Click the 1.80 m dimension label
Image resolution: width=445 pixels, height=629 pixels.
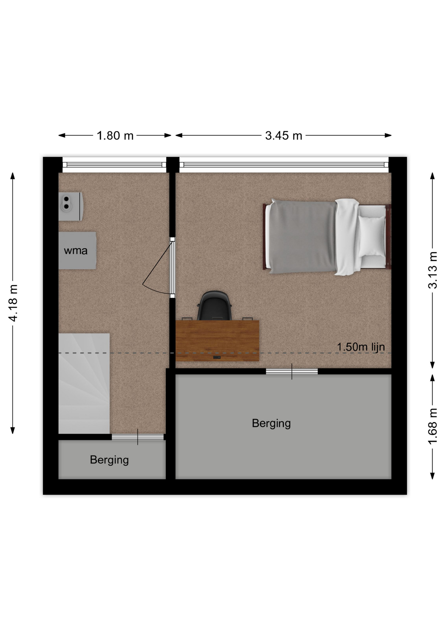tap(115, 136)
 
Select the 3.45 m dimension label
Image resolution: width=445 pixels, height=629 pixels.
tap(283, 136)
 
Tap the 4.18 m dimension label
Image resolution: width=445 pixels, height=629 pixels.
tap(13, 303)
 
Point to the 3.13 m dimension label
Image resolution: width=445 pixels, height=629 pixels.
tap(433, 270)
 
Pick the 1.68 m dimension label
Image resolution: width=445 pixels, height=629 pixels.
tap(433, 426)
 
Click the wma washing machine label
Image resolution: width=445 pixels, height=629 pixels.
tap(76, 251)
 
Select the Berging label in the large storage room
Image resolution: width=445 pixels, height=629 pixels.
tap(271, 423)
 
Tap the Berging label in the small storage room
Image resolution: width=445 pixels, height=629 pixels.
tap(109, 460)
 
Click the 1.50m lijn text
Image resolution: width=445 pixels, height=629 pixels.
tap(361, 347)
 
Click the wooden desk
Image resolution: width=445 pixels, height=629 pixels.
tap(217, 341)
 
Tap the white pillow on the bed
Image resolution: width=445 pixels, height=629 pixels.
tap(372, 236)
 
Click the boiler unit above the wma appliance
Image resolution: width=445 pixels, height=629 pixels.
tap(70, 206)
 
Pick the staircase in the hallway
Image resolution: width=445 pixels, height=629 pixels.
tap(84, 383)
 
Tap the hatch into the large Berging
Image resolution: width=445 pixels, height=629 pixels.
tap(292, 372)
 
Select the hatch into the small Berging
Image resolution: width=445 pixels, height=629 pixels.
tap(138, 437)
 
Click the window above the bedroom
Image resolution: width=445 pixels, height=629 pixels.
tap(284, 165)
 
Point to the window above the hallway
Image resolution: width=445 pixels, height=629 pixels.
tap(114, 165)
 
